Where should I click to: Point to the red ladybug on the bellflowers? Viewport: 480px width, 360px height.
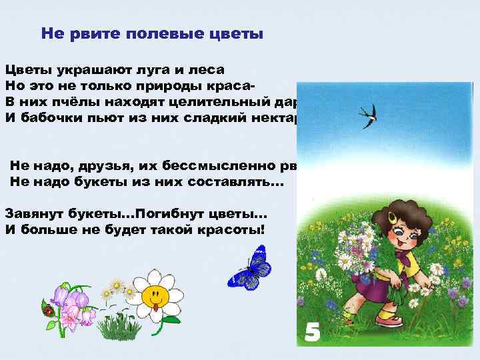(x=47, y=311)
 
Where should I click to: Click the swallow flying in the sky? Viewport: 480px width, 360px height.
(x=367, y=115)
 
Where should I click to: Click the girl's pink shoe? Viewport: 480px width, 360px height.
(x=389, y=321)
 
